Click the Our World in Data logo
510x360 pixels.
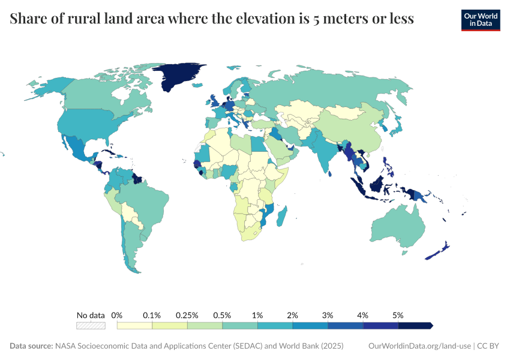point(481,20)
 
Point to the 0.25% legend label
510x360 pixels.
point(187,315)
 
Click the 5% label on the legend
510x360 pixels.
point(398,315)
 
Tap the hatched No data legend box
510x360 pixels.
point(91,326)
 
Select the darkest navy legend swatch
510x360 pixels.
point(415,326)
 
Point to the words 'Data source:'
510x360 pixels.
point(31,346)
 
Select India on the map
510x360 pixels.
point(325,153)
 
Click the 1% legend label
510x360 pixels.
point(257,315)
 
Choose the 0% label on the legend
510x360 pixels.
point(118,315)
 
